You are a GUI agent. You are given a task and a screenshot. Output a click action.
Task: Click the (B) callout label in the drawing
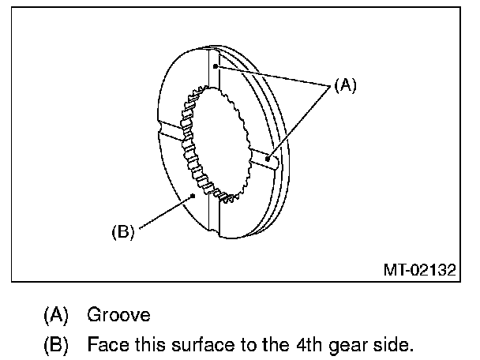(x=123, y=232)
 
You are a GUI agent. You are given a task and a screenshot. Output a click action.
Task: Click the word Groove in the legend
(x=118, y=315)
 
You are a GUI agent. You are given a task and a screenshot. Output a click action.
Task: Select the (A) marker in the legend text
(x=55, y=315)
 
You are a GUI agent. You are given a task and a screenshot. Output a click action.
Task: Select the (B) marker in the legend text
(x=55, y=345)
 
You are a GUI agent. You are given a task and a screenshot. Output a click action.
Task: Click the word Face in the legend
(x=105, y=345)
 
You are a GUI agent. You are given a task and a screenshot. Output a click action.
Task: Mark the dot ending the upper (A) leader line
(x=215, y=69)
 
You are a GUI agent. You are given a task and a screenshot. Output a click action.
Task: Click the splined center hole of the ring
(x=216, y=142)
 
